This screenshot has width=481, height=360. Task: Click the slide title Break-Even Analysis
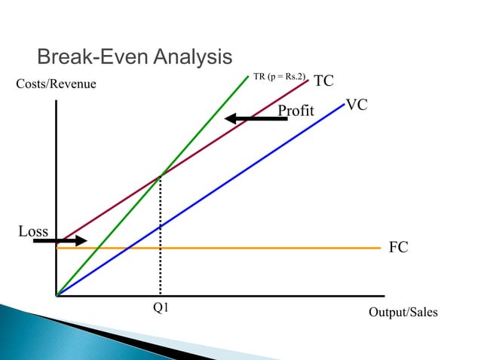click(x=134, y=56)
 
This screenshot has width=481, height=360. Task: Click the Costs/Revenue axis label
click(x=57, y=84)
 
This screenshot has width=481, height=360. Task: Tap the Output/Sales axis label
click(x=403, y=313)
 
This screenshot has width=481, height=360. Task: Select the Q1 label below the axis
click(x=161, y=307)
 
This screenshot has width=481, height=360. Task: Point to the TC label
click(x=323, y=81)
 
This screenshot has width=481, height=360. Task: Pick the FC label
click(x=398, y=247)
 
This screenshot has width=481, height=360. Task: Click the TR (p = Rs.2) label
click(x=280, y=77)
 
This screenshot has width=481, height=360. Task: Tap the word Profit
click(x=296, y=111)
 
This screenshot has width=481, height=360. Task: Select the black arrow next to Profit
click(x=256, y=118)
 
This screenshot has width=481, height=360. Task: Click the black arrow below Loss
click(x=60, y=241)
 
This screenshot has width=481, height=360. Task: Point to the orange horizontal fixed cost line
click(x=302, y=247)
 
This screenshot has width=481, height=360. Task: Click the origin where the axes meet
click(x=57, y=295)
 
